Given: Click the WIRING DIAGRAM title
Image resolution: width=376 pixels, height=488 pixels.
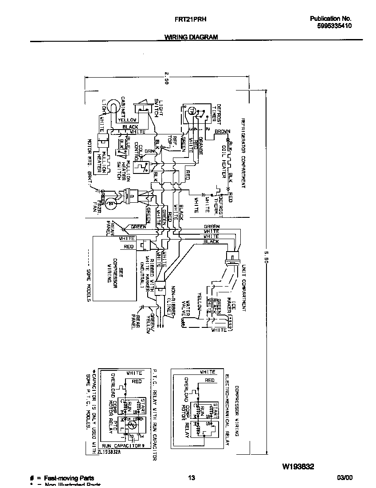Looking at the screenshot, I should [191, 37].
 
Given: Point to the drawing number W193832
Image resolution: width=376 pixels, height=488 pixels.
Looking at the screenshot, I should [298, 466].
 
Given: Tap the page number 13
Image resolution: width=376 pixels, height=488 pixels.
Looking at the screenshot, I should [191, 478].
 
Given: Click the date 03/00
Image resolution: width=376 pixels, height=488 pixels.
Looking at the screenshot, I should [345, 478].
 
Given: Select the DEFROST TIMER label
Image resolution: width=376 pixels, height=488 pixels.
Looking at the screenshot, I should [215, 114].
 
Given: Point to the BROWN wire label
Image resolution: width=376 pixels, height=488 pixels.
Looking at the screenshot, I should [222, 132].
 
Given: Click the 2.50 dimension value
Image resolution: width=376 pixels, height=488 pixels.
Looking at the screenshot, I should [166, 78].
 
